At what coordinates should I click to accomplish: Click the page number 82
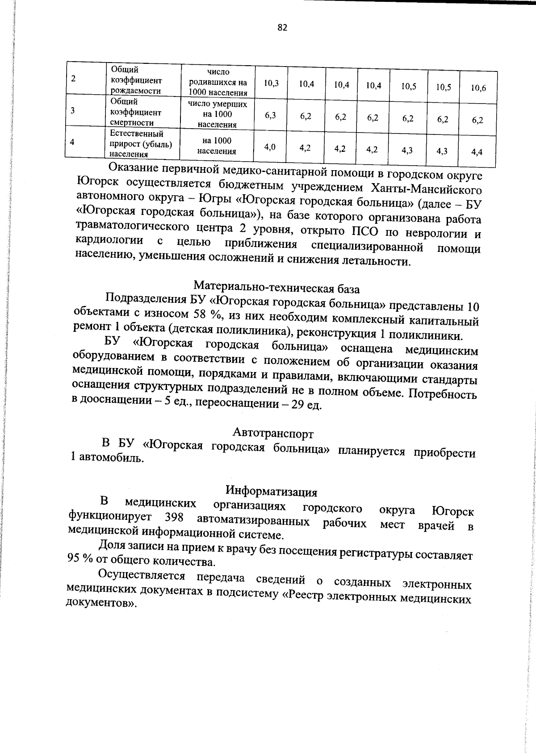[282, 28]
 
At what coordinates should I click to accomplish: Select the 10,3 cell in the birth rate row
[271, 83]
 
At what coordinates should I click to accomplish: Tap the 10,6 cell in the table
[478, 88]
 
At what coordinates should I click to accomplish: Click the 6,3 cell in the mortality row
[270, 115]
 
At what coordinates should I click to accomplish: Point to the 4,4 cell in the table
[477, 152]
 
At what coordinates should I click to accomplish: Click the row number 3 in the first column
[73, 110]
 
